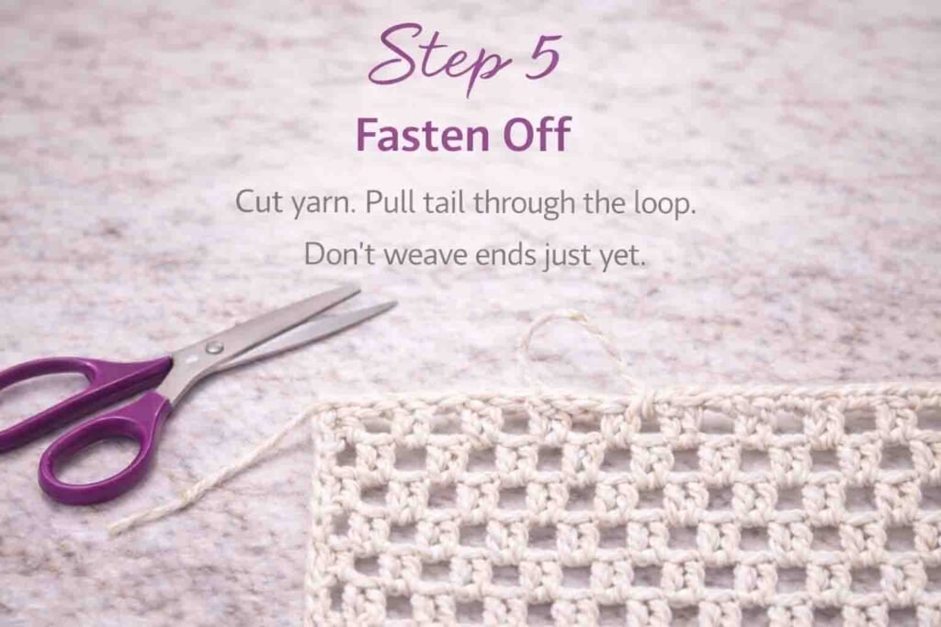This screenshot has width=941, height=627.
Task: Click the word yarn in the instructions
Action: (x=323, y=204)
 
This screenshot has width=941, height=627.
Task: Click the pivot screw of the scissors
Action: (x=214, y=347)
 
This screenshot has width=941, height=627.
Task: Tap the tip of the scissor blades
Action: (x=392, y=304)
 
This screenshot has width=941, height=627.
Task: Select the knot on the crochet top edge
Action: (x=645, y=403)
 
